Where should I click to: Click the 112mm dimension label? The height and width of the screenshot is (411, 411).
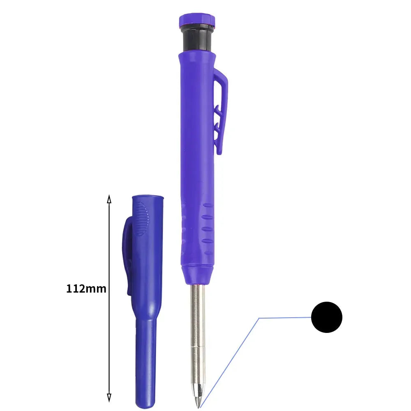[86, 289]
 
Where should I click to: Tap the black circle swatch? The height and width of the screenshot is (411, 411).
[327, 317]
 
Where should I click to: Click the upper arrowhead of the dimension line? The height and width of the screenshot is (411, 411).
[109, 199]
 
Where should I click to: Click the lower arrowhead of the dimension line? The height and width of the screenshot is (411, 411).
[109, 397]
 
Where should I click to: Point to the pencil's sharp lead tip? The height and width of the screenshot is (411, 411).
[199, 407]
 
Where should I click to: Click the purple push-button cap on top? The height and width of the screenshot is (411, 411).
[197, 21]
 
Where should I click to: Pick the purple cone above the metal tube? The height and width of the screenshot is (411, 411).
[197, 275]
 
